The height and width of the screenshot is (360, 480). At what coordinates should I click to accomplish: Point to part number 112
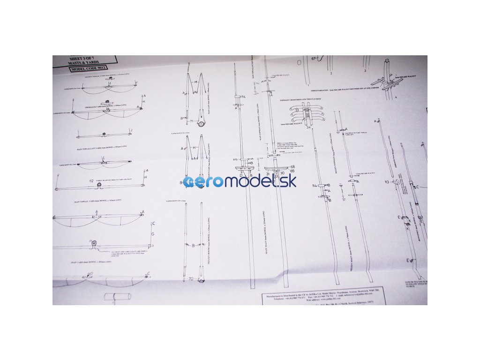(91, 180)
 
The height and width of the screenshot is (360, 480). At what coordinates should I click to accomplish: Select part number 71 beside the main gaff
(192, 121)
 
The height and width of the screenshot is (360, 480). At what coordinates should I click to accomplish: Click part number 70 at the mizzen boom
(191, 279)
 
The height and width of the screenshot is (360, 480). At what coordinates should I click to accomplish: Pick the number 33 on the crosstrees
(297, 111)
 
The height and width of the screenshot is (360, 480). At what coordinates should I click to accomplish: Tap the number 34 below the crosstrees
(308, 127)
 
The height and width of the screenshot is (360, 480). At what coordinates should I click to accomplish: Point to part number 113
(386, 181)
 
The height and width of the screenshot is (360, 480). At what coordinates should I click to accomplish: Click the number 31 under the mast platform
(268, 174)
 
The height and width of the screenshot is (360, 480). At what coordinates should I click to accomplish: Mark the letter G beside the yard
(152, 233)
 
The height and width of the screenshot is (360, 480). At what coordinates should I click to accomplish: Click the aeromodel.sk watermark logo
(240, 181)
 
